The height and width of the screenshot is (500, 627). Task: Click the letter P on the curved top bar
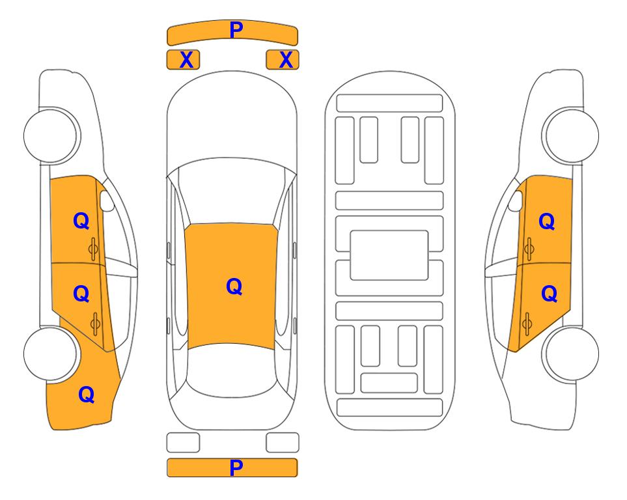(x=236, y=30)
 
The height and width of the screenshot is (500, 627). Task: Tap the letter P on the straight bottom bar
(x=236, y=467)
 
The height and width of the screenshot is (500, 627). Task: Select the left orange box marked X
(x=183, y=60)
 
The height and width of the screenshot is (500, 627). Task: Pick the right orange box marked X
(x=283, y=60)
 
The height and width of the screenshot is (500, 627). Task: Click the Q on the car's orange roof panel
(x=234, y=286)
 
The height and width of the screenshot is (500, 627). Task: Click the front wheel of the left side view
(x=50, y=135)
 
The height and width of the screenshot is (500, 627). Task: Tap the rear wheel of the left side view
(x=50, y=354)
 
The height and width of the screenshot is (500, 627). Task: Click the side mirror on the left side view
(x=107, y=201)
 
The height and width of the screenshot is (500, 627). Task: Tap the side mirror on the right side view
(x=516, y=201)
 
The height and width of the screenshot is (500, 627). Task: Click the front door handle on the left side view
(x=94, y=249)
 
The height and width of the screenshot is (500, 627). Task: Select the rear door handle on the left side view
(x=95, y=324)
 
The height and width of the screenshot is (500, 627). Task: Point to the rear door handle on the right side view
(x=527, y=324)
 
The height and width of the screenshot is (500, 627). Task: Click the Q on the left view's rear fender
(x=87, y=395)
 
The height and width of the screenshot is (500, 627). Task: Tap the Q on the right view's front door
(x=547, y=221)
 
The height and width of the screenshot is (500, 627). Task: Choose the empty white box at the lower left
(x=183, y=443)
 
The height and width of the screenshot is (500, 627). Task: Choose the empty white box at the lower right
(x=283, y=443)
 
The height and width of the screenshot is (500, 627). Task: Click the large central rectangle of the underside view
(x=389, y=255)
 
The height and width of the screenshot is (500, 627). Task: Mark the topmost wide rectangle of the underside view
(x=389, y=104)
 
